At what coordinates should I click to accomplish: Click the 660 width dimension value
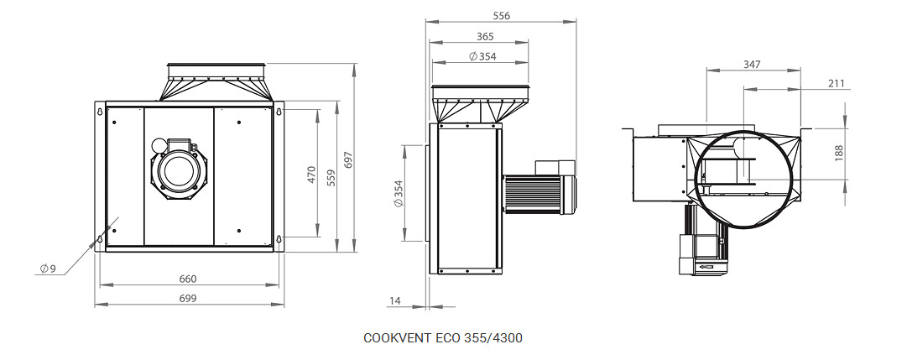(x=188, y=279)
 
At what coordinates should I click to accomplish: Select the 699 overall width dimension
(x=188, y=298)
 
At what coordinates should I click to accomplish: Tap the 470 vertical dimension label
(x=312, y=175)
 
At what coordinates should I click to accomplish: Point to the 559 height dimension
(x=331, y=177)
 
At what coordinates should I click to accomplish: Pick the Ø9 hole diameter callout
(x=48, y=269)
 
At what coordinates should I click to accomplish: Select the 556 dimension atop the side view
(x=501, y=16)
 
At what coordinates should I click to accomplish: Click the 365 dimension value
(x=485, y=36)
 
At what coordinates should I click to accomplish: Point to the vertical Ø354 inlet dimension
(x=398, y=194)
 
